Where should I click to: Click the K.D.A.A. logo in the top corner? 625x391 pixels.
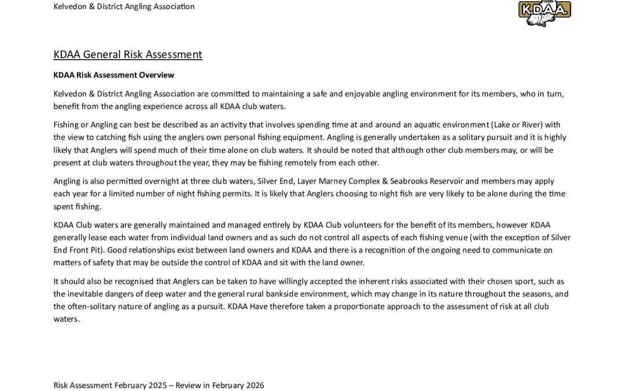click(x=544, y=13)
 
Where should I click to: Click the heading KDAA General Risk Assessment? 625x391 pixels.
click(x=128, y=55)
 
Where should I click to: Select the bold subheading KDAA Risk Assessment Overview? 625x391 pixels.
click(x=113, y=75)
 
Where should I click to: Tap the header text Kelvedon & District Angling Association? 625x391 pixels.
click(x=124, y=7)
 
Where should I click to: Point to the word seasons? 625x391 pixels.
click(x=530, y=294)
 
